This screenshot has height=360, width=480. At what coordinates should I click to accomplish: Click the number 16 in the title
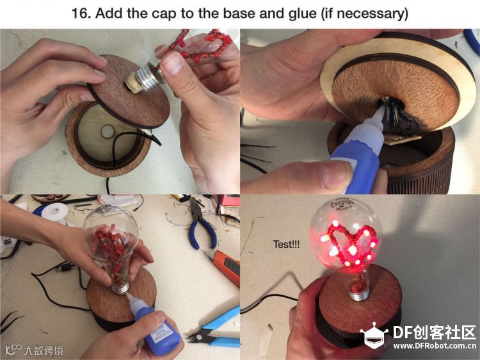coord(79,13)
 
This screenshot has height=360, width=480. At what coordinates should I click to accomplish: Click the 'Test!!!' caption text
coord(286,244)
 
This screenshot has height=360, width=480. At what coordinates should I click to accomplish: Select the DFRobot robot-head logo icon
coord(374,335)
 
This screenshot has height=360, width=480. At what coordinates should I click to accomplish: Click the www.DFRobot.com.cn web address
coord(435,346)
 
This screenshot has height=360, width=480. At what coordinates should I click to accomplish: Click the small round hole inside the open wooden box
coord(108,131)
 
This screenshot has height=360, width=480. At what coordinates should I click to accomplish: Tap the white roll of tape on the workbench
coord(55,212)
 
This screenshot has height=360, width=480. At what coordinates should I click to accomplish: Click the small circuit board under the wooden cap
coord(401,138)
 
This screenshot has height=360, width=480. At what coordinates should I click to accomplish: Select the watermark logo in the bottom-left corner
coord(35,350)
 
